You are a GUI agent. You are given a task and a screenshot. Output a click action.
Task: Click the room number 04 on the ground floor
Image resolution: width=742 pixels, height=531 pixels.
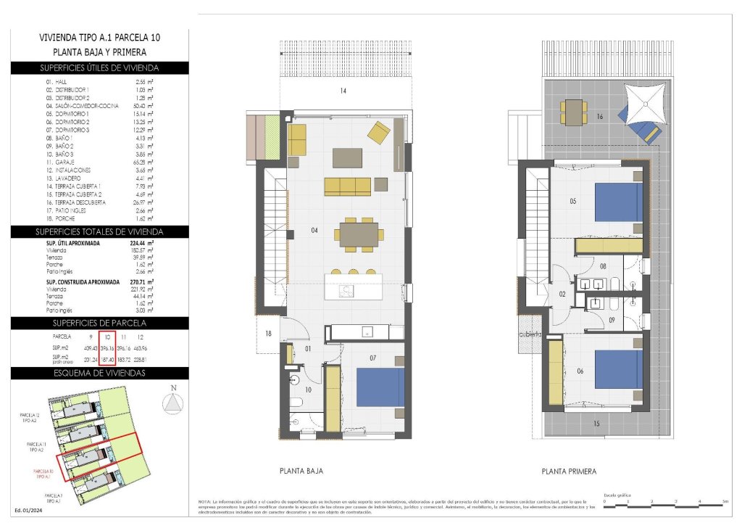tap(314, 231)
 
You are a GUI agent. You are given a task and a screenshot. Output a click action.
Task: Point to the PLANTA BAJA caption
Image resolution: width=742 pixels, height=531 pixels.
tap(301, 471)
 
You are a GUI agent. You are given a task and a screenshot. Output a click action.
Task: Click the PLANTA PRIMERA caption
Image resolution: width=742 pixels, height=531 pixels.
tap(569, 472)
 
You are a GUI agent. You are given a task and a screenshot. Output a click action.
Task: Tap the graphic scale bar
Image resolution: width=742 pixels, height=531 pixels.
tap(664, 502)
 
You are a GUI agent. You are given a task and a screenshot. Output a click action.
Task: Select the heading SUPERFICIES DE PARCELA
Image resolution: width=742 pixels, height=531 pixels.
tap(99, 322)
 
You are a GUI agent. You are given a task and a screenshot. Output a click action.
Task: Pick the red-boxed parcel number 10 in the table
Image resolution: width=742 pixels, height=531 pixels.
tap(107, 337)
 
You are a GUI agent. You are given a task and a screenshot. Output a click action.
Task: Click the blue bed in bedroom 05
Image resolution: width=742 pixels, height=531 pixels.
tap(619, 202)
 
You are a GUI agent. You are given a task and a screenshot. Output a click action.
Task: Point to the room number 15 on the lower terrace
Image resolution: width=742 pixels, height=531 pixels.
tap(596, 424)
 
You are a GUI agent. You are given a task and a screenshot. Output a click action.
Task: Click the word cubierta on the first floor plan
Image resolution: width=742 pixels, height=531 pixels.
tap(530, 334)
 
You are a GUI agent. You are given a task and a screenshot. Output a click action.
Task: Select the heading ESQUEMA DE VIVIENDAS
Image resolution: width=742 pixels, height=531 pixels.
tap(99, 373)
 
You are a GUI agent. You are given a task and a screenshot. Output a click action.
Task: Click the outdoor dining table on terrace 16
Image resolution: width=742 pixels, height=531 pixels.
tap(573, 112)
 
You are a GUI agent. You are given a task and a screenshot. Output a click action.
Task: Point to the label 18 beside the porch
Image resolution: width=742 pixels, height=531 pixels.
tap(268, 334)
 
